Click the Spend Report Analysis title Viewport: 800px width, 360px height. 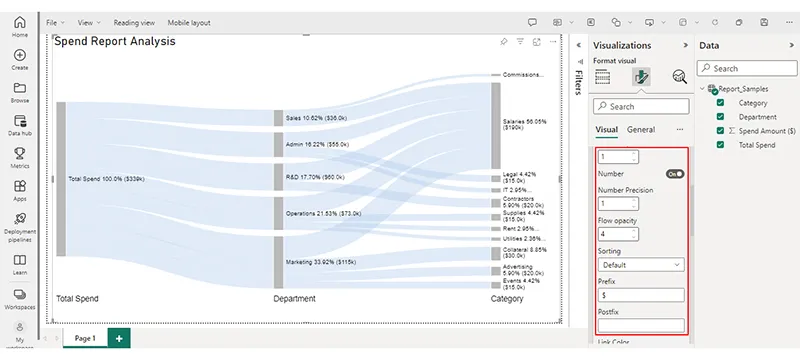[114, 42]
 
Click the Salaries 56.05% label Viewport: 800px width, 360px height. [524, 125]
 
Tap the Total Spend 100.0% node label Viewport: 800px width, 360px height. [106, 179]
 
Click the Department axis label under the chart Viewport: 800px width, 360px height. [294, 298]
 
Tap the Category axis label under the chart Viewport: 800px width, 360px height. [507, 298]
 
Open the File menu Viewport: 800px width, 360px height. [54, 21]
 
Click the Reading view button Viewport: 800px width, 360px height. [133, 21]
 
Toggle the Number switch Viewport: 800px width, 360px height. [675, 174]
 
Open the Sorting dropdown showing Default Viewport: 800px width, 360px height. [640, 265]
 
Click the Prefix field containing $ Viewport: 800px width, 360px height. [640, 296]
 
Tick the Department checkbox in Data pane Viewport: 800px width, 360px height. [721, 116]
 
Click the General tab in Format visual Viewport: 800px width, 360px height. [641, 129]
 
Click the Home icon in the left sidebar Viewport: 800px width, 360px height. [20, 22]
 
